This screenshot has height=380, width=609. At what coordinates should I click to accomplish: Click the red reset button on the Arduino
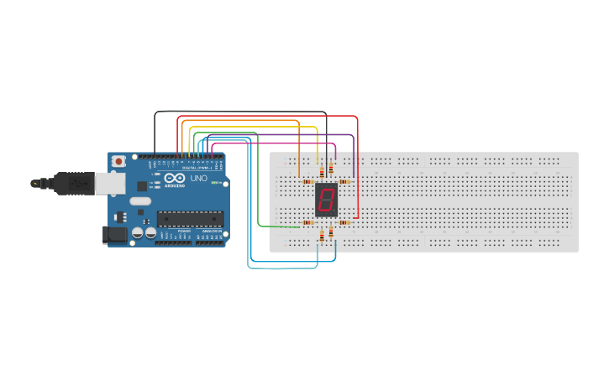point(119,160)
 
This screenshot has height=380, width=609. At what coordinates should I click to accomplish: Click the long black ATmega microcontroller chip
point(190,219)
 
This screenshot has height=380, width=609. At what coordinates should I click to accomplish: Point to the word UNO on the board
point(199,179)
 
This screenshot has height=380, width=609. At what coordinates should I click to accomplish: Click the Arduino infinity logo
point(175,179)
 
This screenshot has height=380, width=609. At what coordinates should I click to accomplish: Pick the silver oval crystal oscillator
point(139,201)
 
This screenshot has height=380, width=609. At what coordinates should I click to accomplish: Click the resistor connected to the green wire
point(307,222)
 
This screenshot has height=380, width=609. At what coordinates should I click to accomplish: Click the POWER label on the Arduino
point(184,231)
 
